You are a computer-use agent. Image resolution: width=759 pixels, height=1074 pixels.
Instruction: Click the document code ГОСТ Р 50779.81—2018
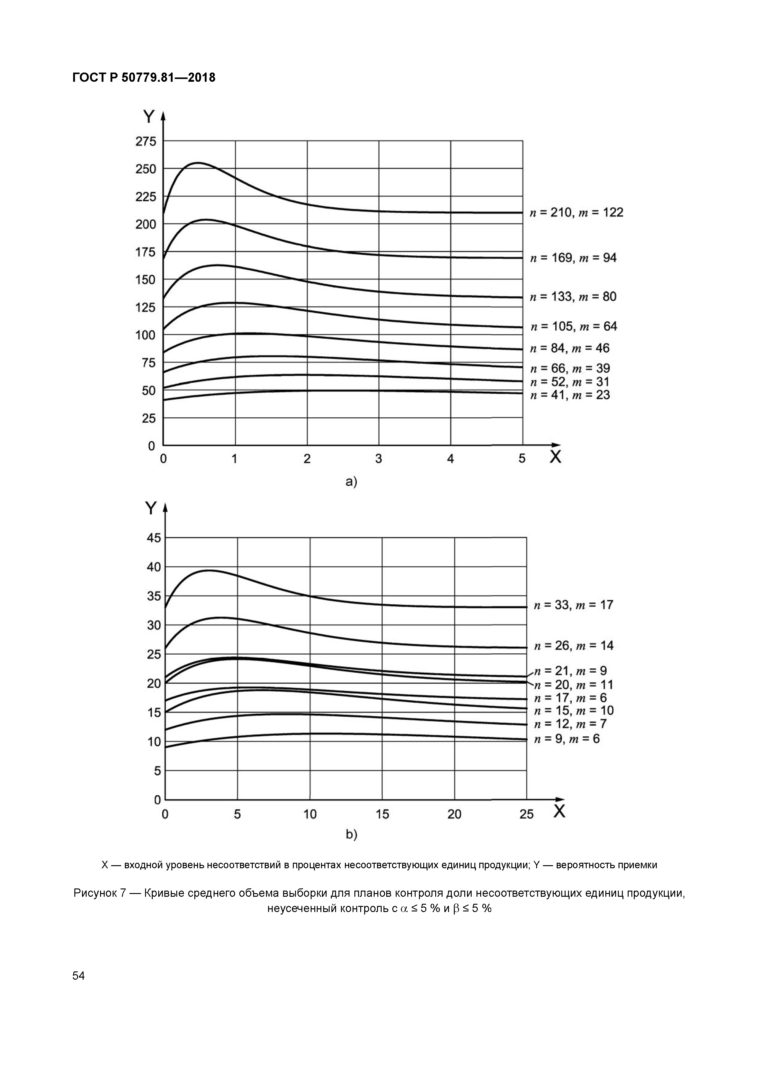click(x=144, y=78)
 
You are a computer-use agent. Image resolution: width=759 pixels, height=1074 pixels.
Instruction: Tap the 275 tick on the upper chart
click(x=146, y=141)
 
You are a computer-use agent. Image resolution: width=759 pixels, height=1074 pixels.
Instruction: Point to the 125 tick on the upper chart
click(x=146, y=307)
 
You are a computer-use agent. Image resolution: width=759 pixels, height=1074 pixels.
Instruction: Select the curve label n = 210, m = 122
click(x=576, y=213)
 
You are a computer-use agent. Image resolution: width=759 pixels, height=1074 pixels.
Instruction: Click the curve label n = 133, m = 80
click(x=573, y=297)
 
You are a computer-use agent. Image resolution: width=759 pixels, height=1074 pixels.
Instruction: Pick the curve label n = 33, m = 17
click(x=573, y=605)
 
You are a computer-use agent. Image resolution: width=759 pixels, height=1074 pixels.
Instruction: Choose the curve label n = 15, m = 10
click(x=573, y=711)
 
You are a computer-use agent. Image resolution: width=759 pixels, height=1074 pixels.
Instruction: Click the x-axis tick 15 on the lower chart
click(x=382, y=814)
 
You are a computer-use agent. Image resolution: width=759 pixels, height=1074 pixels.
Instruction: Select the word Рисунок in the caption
click(x=95, y=893)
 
